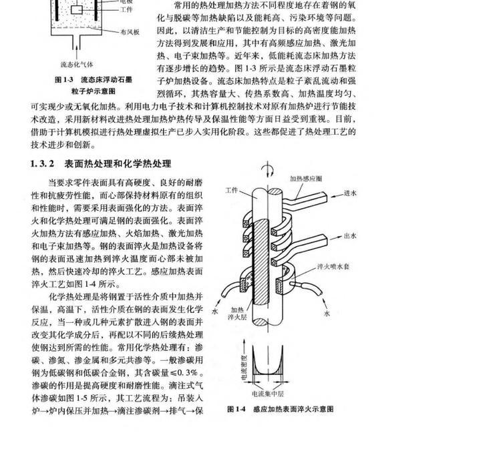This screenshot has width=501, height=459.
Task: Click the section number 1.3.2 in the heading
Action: pyautogui.click(x=43, y=163)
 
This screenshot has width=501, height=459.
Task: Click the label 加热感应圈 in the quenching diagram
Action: pyautogui.click(x=306, y=179)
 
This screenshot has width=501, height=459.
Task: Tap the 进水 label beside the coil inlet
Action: pyautogui.click(x=351, y=193)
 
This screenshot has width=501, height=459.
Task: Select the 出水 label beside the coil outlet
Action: pyautogui.click(x=351, y=236)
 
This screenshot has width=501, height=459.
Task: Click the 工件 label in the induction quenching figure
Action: pyautogui.click(x=232, y=191)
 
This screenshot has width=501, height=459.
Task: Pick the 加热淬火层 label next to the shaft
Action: pyautogui.click(x=238, y=314)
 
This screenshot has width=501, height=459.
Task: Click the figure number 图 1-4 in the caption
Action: pyautogui.click(x=236, y=409)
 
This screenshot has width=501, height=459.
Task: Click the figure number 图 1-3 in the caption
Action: pyautogui.click(x=63, y=79)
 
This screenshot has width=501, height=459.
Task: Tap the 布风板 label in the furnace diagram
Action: pyautogui.click(x=130, y=31)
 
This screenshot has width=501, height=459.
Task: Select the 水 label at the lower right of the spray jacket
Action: pyautogui.click(x=327, y=312)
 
